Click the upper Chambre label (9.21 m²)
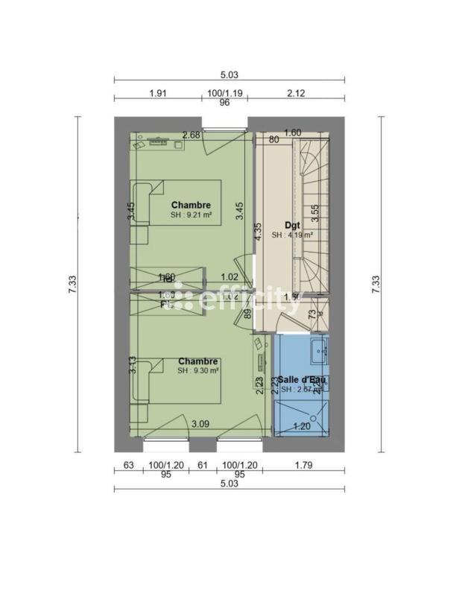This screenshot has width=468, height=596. pyautogui.click(x=191, y=205)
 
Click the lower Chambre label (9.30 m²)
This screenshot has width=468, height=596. pyautogui.click(x=198, y=361)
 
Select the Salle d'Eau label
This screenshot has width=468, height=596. pyautogui.click(x=301, y=379)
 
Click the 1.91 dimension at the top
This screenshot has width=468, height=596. pyautogui.click(x=157, y=93)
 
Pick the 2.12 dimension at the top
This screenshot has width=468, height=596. pyautogui.click(x=295, y=93)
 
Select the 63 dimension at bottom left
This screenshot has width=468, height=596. pyautogui.click(x=127, y=466)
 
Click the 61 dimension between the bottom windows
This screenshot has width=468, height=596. pyautogui.click(x=202, y=466)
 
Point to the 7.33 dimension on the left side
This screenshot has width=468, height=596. pyautogui.click(x=72, y=283)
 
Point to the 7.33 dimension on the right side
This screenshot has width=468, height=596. pyautogui.click(x=375, y=283)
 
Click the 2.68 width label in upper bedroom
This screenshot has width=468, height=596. pyautogui.click(x=191, y=135)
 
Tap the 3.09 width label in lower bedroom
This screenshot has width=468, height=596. pyautogui.click(x=200, y=424)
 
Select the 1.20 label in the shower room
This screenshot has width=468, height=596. pyautogui.click(x=301, y=426)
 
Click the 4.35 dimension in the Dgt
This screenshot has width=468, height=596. pyautogui.click(x=259, y=232)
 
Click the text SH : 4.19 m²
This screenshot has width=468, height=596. pyautogui.click(x=291, y=235)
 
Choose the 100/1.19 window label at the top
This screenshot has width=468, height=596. pyautogui.click(x=224, y=93)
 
